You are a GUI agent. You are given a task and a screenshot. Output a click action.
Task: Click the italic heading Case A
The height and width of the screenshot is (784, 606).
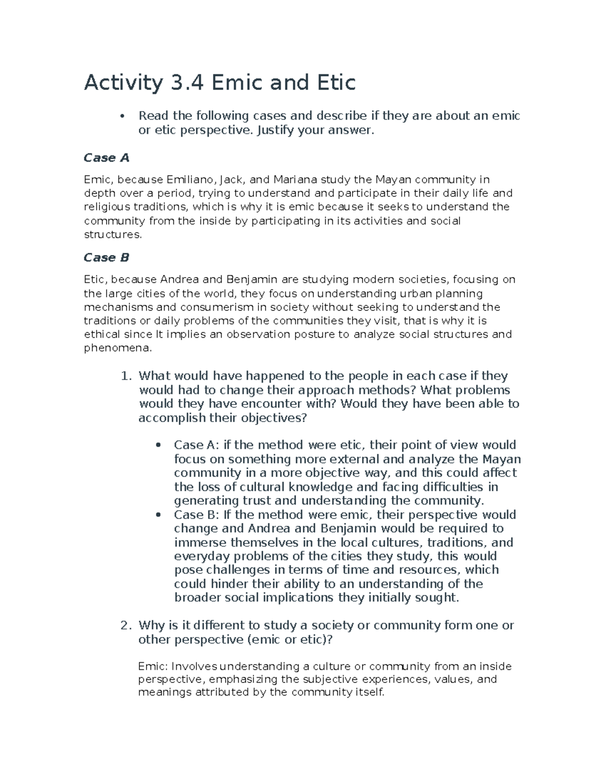107,158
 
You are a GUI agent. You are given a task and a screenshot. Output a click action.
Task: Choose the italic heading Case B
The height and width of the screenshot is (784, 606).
107,257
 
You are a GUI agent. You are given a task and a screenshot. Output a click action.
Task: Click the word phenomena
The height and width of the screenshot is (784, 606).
117,348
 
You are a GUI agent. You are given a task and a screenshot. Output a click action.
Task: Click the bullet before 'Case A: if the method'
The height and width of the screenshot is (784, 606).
159,445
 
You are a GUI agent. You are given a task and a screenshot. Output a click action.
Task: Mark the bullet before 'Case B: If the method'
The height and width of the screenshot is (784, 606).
159,515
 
